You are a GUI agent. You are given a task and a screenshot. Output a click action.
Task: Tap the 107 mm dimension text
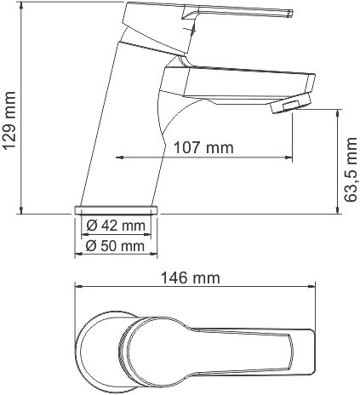204,147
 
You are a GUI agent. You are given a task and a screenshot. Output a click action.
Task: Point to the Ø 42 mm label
114,226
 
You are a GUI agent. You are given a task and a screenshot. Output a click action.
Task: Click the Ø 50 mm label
114,246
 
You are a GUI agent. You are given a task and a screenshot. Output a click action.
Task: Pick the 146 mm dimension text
191,278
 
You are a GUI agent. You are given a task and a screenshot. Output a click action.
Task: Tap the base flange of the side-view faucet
117,209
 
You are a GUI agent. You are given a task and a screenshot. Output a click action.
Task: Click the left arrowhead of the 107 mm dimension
117,157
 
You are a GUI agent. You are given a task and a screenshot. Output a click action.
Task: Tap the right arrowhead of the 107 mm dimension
289,157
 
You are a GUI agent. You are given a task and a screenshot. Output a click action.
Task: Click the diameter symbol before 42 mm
91,226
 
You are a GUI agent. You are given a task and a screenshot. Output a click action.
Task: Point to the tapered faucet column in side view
128,128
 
